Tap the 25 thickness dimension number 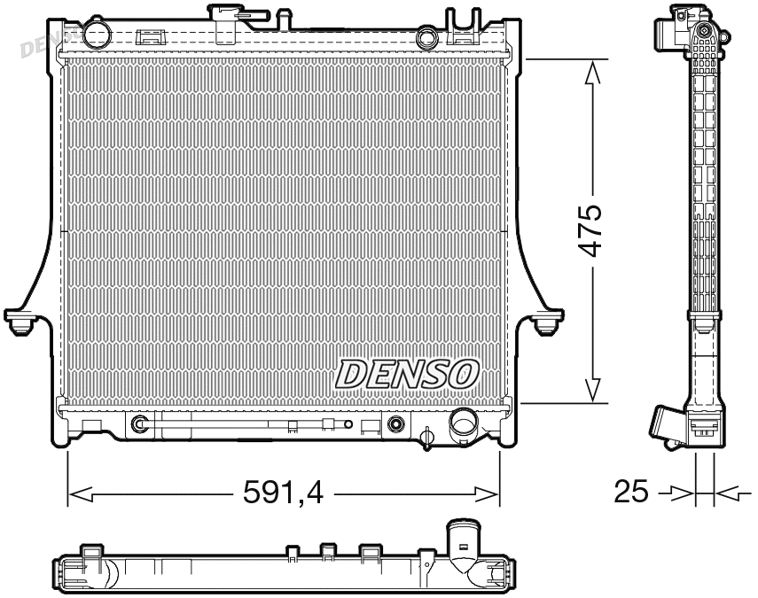(x=631, y=492)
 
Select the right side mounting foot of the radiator (x=548, y=321)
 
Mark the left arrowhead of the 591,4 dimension (x=80, y=493)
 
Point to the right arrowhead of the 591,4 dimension (x=488, y=493)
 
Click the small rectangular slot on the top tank (x=152, y=37)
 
